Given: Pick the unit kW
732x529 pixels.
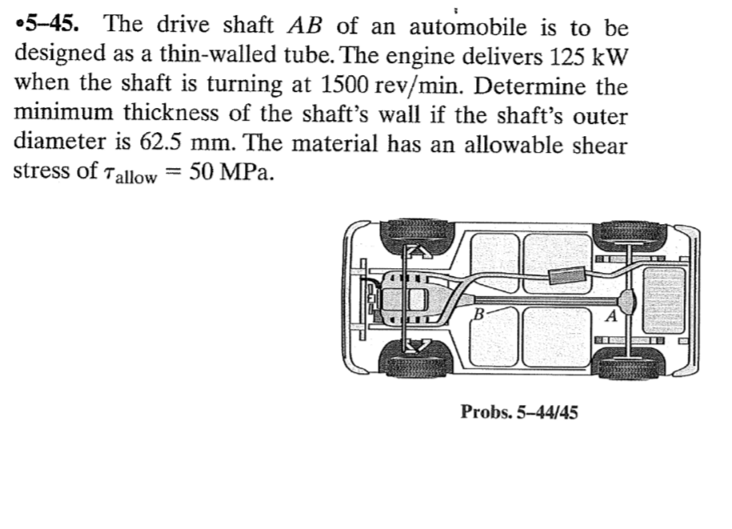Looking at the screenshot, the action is pos(609,55).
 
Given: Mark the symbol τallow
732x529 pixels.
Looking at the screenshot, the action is pos(128,175).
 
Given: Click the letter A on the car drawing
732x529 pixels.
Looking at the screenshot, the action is pos(610,315).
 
